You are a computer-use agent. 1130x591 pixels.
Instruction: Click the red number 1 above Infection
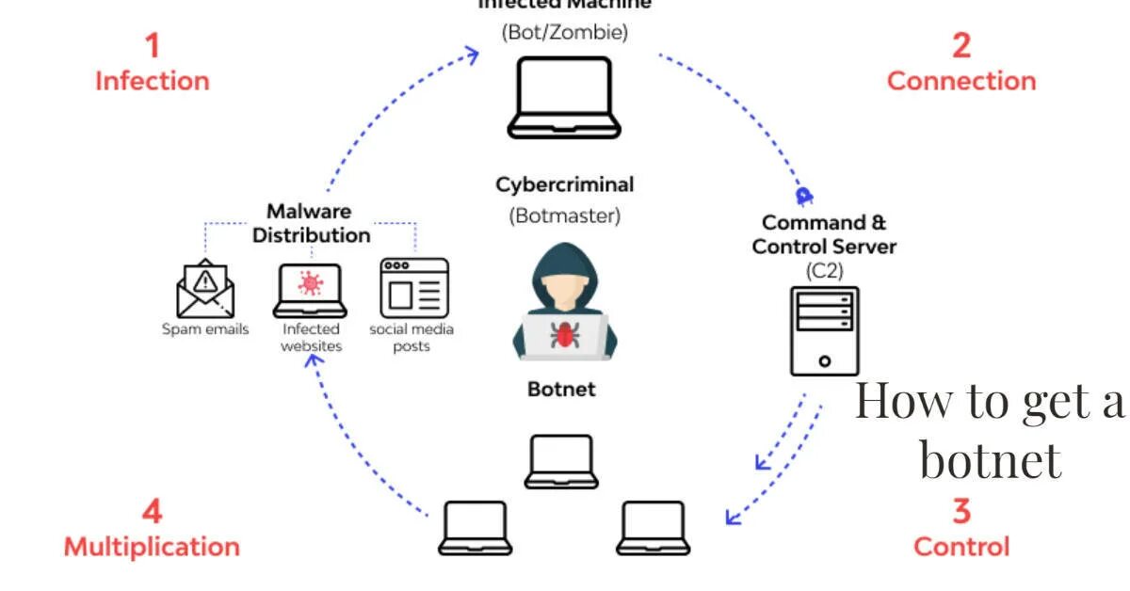tap(151, 44)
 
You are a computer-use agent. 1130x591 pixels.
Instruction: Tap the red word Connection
tap(960, 81)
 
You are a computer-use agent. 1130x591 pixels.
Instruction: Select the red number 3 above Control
tap(960, 511)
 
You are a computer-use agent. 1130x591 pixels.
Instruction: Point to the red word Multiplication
tap(152, 546)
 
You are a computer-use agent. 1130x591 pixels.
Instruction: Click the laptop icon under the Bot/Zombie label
tap(564, 97)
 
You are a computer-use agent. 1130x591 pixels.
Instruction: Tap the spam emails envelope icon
tap(205, 288)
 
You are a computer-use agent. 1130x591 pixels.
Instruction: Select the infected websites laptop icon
tap(311, 291)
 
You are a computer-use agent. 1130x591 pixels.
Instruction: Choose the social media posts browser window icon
tap(413, 287)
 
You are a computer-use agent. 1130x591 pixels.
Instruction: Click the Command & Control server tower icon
tap(824, 330)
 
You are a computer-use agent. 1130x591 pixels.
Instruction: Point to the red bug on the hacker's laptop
tap(565, 335)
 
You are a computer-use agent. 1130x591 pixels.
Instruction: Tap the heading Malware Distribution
tap(310, 223)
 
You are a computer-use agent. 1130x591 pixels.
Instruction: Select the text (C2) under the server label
tap(824, 271)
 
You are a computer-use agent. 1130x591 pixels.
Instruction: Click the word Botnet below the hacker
tap(561, 389)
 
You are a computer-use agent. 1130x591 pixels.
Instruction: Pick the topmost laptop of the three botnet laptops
tap(561, 461)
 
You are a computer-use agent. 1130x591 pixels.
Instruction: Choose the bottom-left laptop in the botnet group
tap(476, 528)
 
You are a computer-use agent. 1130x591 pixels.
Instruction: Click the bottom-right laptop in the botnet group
tap(653, 528)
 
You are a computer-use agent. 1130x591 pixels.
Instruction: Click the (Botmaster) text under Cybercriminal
tap(565, 216)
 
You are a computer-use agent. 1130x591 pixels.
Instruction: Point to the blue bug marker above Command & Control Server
tap(803, 196)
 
